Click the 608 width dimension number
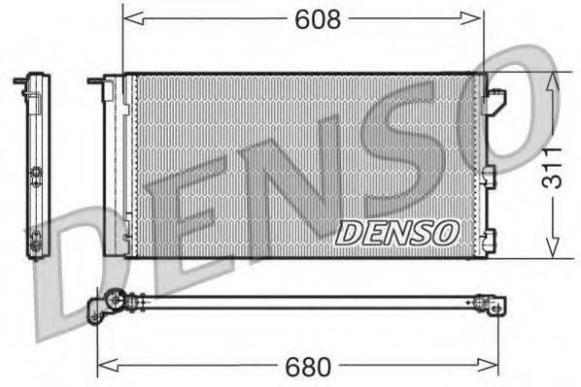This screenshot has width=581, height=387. tap(317, 18)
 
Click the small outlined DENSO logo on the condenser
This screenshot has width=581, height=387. tap(396, 232)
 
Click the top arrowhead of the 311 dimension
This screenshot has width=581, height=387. tap(554, 79)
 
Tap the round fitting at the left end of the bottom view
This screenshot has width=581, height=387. tap(114, 301)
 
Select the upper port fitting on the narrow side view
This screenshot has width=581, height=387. tap(36, 175)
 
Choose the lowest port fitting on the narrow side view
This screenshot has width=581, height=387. tap(35, 243)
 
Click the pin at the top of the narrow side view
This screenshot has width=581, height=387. tap(19, 81)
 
